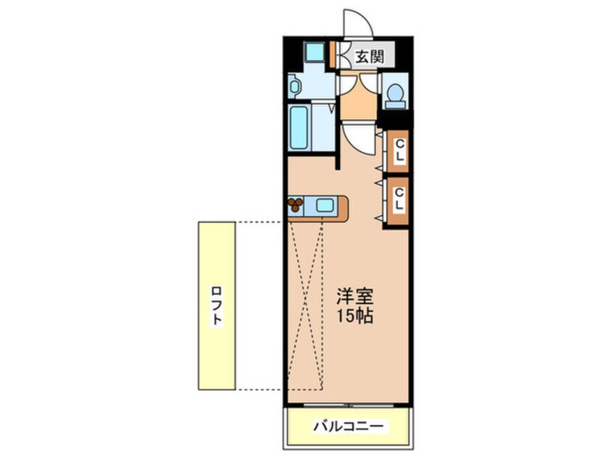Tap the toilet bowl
pos(395,93)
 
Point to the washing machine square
pos(313,54)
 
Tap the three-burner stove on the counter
pos(296,205)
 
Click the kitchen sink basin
pos(323,205)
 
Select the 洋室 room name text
pos(355,298)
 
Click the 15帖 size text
pos(355,316)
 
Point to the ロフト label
pos(216,306)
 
